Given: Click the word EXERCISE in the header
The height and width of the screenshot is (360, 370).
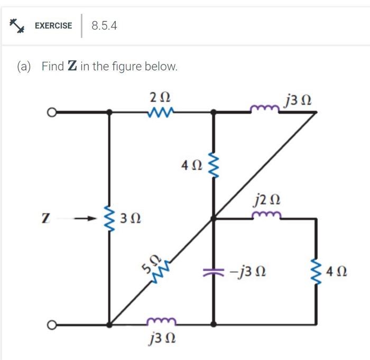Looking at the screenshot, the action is pyautogui.click(x=53, y=25).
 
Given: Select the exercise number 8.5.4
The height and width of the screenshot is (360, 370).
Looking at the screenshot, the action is pyautogui.click(x=104, y=25).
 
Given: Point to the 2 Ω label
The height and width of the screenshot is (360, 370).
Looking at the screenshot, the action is pyautogui.click(x=160, y=98).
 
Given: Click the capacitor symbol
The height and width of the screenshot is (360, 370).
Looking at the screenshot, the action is pyautogui.click(x=213, y=272).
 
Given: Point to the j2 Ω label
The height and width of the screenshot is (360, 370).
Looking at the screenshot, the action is pyautogui.click(x=267, y=200).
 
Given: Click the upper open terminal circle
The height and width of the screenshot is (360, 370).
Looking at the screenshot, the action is pyautogui.click(x=51, y=112).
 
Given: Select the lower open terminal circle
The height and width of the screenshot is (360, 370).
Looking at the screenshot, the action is pyautogui.click(x=51, y=324).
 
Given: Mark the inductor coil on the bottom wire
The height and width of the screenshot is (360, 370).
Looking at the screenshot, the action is pyautogui.click(x=160, y=321).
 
